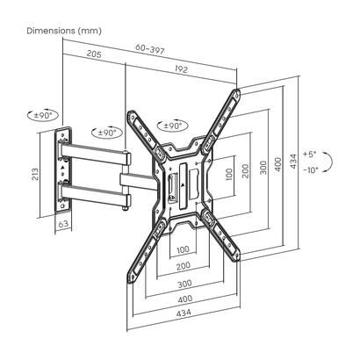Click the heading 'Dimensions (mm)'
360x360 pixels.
[x=64, y=31]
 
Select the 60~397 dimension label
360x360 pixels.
[x=150, y=49]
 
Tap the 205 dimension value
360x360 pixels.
[x=94, y=54]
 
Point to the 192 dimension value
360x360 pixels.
[x=181, y=68]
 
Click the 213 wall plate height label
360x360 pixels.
[x=35, y=175]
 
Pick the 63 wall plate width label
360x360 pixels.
[x=63, y=224]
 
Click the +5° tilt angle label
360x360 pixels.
[x=310, y=155]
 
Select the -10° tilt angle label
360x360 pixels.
[x=310, y=169]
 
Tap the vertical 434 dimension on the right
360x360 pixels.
[x=293, y=161]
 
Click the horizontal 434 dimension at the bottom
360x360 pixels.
[x=184, y=313]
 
